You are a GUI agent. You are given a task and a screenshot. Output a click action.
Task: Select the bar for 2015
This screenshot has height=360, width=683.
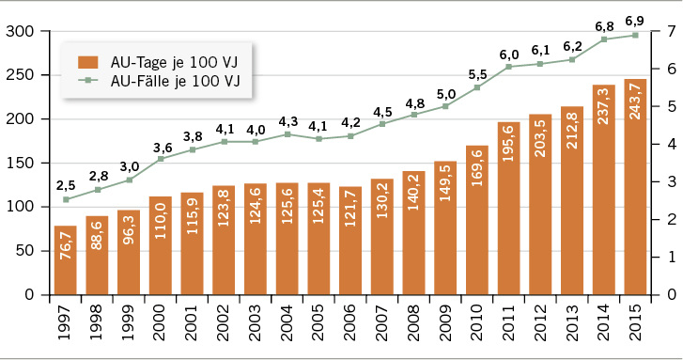point(635,187)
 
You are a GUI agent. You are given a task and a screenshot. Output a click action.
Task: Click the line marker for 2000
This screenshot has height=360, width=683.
point(161,159)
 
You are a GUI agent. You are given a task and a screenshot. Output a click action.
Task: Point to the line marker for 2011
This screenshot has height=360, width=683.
point(508,67)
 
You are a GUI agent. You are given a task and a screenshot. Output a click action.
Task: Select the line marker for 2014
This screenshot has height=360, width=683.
point(603,39)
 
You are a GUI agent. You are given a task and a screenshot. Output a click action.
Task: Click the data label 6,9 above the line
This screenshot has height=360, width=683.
point(635,20)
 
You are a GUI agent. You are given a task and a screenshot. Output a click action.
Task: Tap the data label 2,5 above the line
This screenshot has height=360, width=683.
point(66,184)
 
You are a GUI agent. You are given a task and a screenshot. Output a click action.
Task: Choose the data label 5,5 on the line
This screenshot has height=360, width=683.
point(477,73)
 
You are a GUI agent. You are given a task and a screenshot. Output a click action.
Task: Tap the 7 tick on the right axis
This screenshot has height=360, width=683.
point(670,32)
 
